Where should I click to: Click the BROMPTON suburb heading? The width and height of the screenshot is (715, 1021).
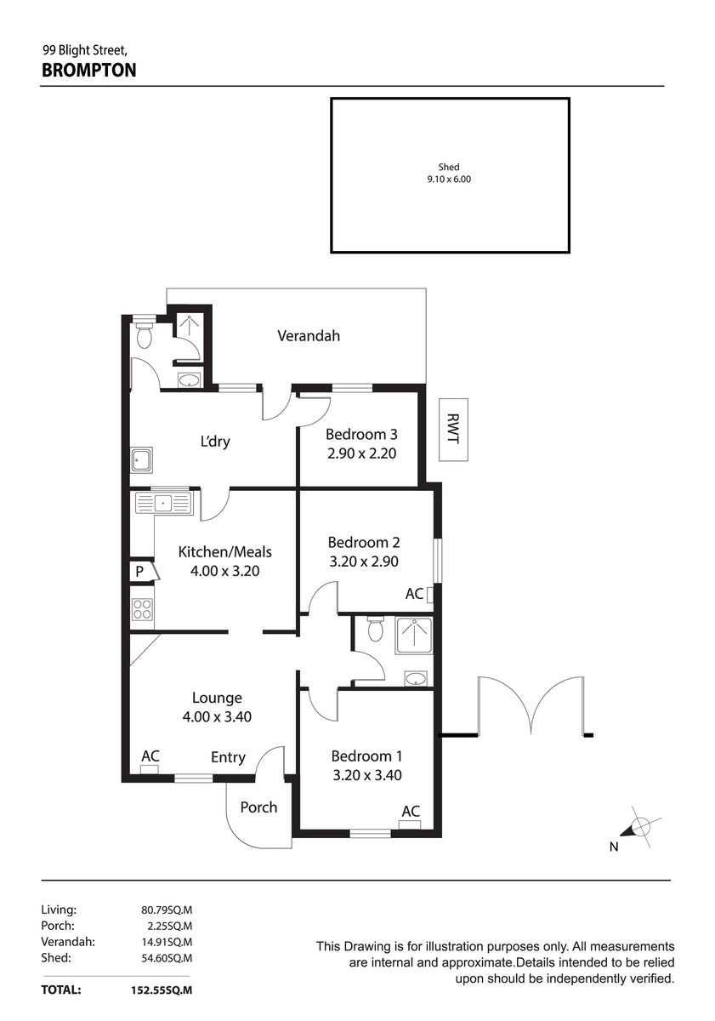(88, 70)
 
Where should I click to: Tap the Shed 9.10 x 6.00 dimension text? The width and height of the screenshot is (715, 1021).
(449, 180)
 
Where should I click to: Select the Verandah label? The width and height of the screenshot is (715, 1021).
(309, 336)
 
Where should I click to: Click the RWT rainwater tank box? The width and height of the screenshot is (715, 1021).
(453, 430)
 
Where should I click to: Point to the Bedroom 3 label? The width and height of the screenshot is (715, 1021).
(361, 435)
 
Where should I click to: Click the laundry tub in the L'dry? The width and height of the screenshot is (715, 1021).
(142, 459)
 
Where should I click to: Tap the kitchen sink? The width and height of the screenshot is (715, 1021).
(164, 503)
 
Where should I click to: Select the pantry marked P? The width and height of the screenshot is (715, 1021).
(143, 571)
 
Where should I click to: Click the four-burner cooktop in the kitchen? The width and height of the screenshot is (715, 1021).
(142, 609)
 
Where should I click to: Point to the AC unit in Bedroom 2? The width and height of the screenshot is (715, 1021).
(429, 596)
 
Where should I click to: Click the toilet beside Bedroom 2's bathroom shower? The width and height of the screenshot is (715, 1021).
(376, 630)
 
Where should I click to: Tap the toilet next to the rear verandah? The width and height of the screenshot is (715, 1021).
(145, 335)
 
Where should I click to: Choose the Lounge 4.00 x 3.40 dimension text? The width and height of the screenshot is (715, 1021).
(217, 717)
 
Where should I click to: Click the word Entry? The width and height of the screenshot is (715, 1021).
(228, 757)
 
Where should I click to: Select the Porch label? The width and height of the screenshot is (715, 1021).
(258, 807)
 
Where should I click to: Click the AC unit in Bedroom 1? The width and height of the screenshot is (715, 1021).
(410, 824)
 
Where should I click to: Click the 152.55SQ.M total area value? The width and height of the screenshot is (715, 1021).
(162, 990)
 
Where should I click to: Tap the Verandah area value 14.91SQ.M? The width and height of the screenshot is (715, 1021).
(167, 942)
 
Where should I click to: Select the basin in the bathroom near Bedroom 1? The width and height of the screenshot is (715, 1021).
(416, 679)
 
